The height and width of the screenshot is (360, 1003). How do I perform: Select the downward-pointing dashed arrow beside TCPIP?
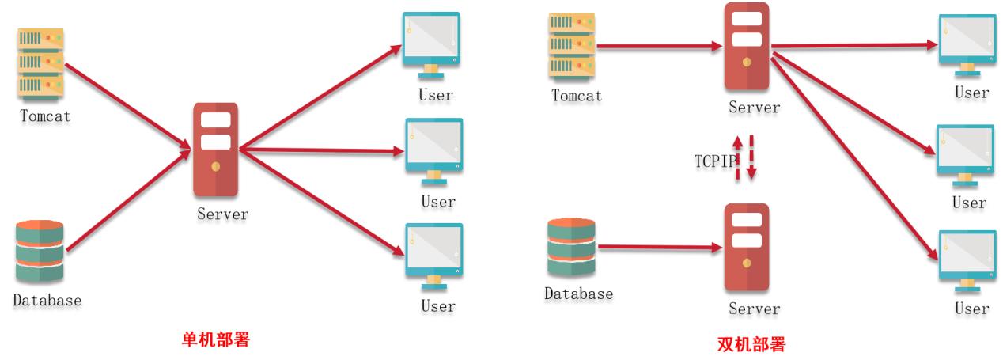(752, 158)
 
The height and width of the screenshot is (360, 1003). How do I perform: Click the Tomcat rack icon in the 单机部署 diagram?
(41, 64)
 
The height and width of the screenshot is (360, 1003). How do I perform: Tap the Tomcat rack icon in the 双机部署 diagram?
(572, 46)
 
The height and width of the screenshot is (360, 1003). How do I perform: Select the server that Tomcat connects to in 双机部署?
(746, 47)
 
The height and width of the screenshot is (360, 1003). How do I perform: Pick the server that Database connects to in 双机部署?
(746, 247)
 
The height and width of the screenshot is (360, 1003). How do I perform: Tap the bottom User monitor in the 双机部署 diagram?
(965, 260)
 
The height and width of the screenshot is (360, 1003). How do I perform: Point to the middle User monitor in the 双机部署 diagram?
(965, 154)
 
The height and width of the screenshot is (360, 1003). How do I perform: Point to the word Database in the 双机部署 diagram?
(578, 294)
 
